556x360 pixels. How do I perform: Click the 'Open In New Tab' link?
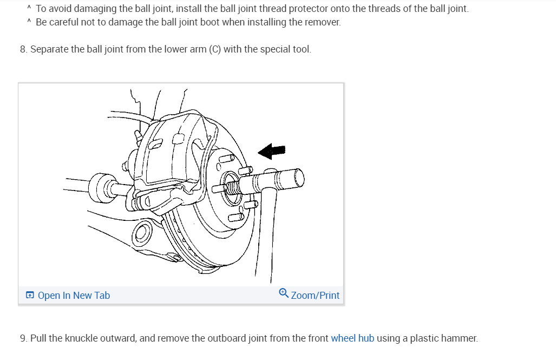(x=74, y=296)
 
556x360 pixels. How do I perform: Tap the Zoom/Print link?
(x=315, y=296)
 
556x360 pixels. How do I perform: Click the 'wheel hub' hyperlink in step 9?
(x=352, y=339)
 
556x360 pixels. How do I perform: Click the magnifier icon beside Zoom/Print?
(x=284, y=293)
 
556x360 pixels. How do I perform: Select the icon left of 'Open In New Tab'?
(x=30, y=296)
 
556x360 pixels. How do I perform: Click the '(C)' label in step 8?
(x=215, y=49)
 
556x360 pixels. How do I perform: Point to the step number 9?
(x=23, y=339)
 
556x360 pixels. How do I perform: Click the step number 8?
(x=23, y=49)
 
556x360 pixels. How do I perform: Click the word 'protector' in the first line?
(x=302, y=9)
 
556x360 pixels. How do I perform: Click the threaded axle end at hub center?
(x=232, y=187)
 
